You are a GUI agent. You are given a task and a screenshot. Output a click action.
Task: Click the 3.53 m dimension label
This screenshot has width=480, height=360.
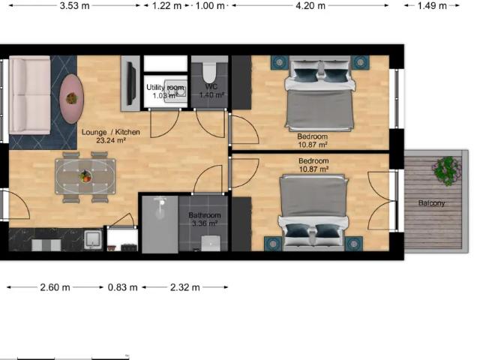tap(74, 6)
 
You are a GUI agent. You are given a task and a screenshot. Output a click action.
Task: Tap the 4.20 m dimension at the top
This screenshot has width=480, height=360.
tap(310, 6)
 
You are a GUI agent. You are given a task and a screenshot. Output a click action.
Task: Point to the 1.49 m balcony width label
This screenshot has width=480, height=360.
tap(432, 6)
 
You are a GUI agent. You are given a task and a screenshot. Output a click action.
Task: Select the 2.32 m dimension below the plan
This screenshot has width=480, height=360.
tap(185, 287)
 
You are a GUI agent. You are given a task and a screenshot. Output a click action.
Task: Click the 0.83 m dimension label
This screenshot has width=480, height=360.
tap(122, 287)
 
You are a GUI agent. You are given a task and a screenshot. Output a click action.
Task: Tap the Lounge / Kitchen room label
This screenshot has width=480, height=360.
tap(111, 132)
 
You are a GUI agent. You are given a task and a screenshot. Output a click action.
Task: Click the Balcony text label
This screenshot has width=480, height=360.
tap(432, 203)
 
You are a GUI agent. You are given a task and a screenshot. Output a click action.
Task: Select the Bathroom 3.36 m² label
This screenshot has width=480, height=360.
tap(205, 219)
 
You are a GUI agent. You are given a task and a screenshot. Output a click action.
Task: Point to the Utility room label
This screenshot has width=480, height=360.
tap(165, 88)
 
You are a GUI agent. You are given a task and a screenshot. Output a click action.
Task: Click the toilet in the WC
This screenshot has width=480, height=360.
tap(209, 72)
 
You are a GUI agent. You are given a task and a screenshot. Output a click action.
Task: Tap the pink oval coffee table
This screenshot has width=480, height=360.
tap(71, 98)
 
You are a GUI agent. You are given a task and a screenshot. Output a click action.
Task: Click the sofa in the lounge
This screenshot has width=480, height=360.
tap(30, 95)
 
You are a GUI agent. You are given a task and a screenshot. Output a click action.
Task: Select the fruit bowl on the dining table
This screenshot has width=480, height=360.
tap(85, 177)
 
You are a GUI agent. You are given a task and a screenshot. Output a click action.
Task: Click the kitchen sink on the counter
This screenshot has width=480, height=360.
tap(92, 239)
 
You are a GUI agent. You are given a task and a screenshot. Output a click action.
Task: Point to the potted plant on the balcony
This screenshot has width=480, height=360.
tap(446, 170)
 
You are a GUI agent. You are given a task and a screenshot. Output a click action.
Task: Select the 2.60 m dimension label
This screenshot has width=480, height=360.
tap(55, 287)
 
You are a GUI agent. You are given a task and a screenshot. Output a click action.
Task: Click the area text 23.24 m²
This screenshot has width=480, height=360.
tap(111, 140)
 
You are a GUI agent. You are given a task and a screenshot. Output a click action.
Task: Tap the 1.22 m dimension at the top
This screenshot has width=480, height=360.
tap(166, 6)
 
